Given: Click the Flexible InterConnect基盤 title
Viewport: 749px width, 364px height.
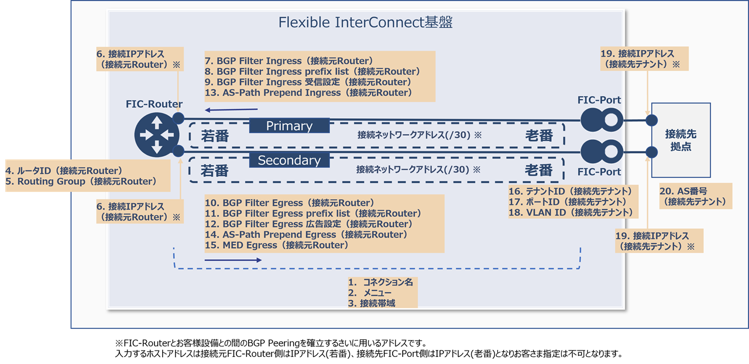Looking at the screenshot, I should point(366,23).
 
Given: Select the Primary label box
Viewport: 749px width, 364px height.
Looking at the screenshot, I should point(289,126).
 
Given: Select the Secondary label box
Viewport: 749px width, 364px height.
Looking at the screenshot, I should point(289,160).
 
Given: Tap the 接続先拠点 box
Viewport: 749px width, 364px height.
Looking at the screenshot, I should point(681,140).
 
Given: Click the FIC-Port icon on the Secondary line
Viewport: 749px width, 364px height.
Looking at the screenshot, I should point(600,153).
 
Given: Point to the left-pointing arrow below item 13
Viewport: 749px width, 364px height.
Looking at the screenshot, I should point(231,108).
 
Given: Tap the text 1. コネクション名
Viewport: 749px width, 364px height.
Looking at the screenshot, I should point(380,282).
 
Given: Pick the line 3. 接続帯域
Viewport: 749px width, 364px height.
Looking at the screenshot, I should point(371,303).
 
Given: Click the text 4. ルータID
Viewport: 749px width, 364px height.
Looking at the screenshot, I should point(64,171).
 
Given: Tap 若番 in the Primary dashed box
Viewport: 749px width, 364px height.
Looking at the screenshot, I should point(214,136).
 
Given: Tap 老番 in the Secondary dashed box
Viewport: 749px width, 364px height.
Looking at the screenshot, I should point(538,170).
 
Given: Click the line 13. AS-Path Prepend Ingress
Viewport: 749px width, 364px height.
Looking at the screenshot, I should point(309,92).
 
